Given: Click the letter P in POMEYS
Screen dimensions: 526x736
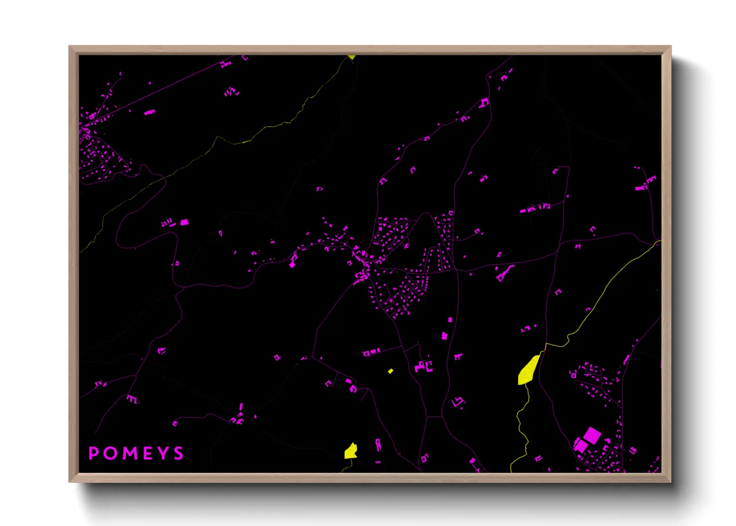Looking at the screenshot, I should tap(93, 453).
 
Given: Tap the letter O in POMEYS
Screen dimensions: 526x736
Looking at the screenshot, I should tap(109, 453).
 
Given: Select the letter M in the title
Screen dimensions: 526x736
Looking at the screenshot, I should tap(128, 453).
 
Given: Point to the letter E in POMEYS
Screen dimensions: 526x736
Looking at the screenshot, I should tap(146, 453).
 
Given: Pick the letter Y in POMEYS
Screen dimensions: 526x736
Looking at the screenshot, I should tap(162, 453).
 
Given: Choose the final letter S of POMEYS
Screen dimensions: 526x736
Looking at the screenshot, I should tap(178, 453).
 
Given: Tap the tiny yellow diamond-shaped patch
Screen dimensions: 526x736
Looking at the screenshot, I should tap(390, 371).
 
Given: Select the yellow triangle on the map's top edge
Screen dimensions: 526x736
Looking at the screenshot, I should tap(352, 57).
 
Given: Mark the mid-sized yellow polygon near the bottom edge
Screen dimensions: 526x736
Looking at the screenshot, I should tap(351, 451).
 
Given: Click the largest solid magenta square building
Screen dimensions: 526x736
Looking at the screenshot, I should tap(592, 436).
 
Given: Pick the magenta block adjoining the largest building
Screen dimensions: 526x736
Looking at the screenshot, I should tap(580, 444).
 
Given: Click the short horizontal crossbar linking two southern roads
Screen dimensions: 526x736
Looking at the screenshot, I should tap(434, 417).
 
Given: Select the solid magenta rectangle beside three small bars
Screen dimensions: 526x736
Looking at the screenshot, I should tap(184, 222).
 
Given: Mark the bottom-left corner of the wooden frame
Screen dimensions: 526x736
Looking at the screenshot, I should tap(70, 481).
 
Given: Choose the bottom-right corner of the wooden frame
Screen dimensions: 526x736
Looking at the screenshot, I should tap(670, 481).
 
